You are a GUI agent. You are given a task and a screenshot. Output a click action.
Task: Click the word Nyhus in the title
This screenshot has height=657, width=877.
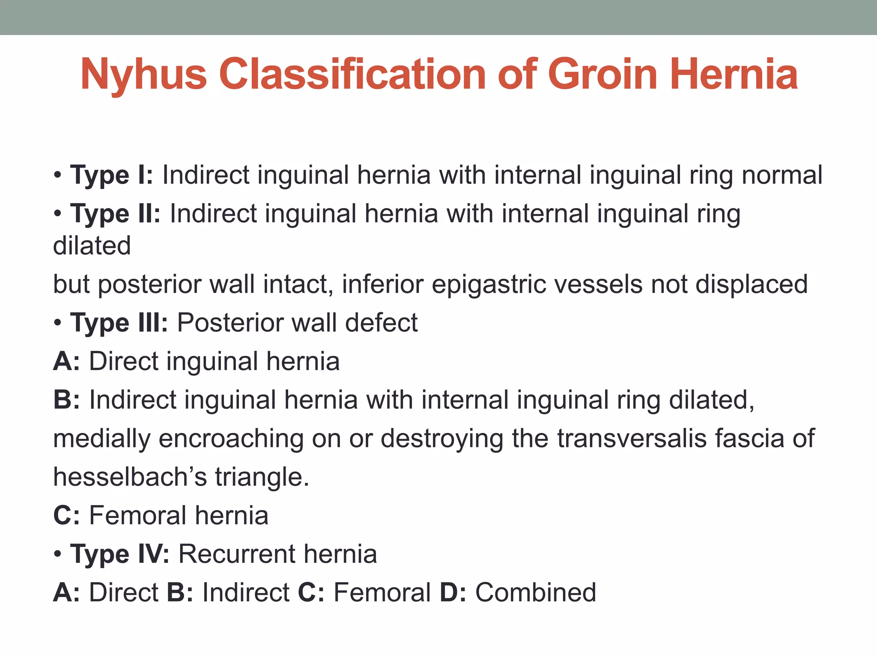pos(143,75)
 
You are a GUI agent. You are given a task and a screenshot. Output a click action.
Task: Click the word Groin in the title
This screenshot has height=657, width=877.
pos(603,75)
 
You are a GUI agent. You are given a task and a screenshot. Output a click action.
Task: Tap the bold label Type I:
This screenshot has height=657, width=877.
pos(111,175)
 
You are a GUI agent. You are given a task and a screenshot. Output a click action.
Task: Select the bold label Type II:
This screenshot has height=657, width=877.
pos(115,213)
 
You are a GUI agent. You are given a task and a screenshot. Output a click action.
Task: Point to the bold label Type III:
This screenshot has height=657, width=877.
pos(119,323)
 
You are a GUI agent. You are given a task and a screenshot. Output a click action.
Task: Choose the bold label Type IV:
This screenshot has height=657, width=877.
pos(119,554)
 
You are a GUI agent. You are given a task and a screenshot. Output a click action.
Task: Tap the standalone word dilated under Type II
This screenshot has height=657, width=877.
pos(92,246)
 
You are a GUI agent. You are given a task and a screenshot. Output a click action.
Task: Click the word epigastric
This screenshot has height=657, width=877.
pos(489,284)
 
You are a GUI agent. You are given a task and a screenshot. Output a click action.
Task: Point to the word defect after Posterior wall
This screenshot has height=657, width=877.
pos(381,323)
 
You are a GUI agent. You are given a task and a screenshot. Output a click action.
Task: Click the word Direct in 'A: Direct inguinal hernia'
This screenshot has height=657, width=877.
pos(124,361)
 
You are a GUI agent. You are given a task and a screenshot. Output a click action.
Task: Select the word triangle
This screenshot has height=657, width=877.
pos(262,477)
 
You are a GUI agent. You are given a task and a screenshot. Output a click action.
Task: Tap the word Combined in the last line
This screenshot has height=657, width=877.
pos(536,592)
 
